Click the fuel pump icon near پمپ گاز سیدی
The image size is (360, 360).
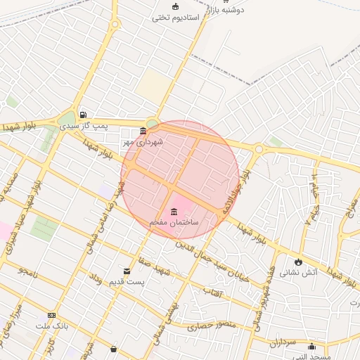coord(83,115)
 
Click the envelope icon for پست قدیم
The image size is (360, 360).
coord(127,271)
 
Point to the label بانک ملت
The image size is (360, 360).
coord(51,326)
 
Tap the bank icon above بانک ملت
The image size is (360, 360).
coord(51,316)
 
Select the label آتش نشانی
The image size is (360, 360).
coord(299,271)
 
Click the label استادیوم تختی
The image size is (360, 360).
coord(176,16)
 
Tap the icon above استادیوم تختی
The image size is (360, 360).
coord(175,6)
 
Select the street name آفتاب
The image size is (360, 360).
coord(212,290)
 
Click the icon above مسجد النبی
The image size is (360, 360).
coord(311,346)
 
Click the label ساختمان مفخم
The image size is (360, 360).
coord(174,222)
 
